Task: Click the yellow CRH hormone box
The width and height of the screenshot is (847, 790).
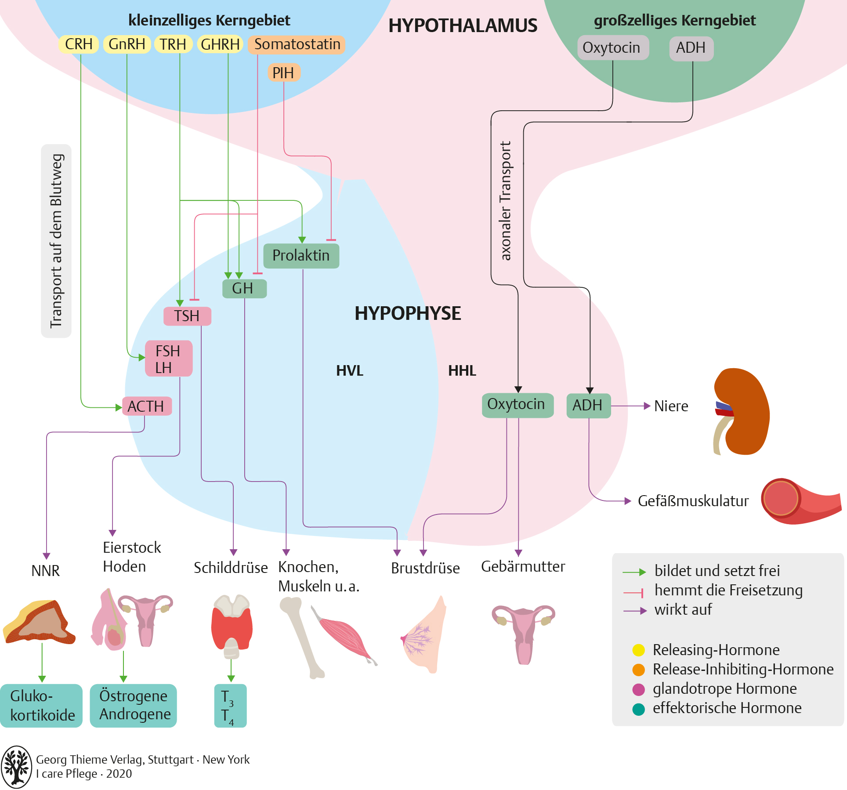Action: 79,44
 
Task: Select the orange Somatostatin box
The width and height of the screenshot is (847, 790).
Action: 297,44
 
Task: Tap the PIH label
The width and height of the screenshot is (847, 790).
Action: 283,72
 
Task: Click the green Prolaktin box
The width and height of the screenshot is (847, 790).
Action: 301,256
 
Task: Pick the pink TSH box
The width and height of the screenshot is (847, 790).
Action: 187,316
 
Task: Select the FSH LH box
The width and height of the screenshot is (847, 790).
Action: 169,359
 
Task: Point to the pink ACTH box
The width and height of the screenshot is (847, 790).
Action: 147,406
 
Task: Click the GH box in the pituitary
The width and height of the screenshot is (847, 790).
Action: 244,289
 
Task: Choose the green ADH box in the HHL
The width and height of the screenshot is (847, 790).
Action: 589,405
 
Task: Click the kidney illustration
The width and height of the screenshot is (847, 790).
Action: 741,411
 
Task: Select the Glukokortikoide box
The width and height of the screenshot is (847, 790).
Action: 41,706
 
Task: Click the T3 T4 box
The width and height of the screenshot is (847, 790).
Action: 231,706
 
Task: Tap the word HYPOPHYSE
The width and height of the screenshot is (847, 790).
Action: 408,313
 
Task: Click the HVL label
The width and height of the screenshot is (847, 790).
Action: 350,371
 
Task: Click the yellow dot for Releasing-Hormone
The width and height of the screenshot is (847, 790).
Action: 638,650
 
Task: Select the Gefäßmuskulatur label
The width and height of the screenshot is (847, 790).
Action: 693,501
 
